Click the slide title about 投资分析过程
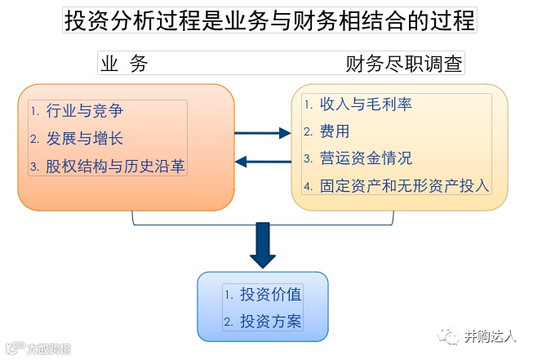(269, 20)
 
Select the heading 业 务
(123, 64)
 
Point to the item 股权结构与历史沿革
(115, 167)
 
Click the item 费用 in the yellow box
(335, 131)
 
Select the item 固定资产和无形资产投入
(405, 185)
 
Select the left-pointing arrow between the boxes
(263, 161)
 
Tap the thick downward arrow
(263, 244)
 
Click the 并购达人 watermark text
(491, 336)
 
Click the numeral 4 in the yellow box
(308, 186)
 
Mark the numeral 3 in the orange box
(34, 167)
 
